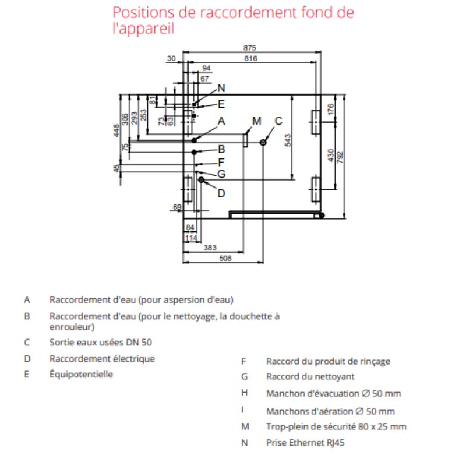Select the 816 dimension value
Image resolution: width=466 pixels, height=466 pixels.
[x=251, y=59]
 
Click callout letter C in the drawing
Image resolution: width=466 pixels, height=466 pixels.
[x=278, y=121]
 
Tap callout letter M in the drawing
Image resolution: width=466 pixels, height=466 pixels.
[x=257, y=121]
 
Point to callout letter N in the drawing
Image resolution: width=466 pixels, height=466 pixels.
[x=221, y=89]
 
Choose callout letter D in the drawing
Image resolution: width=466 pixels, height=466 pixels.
[x=221, y=193]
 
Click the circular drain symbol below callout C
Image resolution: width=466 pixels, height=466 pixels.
[x=263, y=142]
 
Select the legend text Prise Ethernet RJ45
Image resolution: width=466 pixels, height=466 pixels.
[x=305, y=443]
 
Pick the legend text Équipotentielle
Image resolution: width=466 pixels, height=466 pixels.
[x=81, y=374]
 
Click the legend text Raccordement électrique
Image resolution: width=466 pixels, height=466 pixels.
[x=102, y=358]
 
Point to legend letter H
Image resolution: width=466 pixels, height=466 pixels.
[x=245, y=393]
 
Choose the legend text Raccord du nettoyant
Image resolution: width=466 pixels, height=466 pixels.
[x=310, y=377]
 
